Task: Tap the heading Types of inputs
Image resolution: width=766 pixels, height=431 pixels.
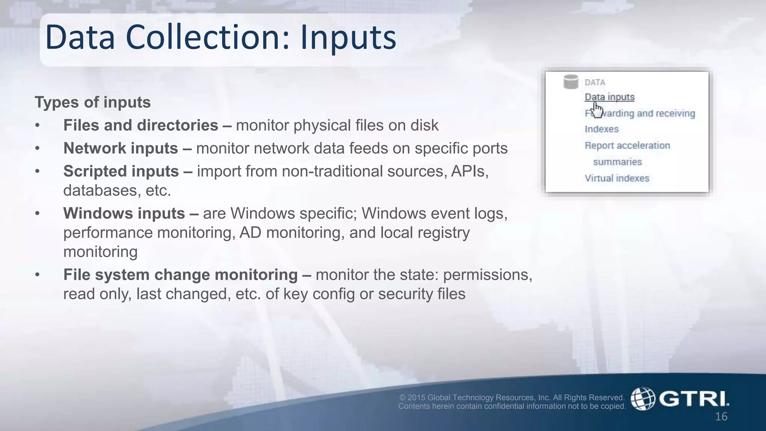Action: (92, 102)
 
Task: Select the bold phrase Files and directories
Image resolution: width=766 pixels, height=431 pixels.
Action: (141, 125)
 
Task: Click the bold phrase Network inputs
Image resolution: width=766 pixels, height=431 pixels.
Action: (120, 149)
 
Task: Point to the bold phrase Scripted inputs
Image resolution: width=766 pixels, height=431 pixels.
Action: (121, 171)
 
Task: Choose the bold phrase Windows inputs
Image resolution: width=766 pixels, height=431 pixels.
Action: (124, 214)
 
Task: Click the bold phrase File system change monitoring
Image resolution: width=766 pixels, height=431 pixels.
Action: (180, 275)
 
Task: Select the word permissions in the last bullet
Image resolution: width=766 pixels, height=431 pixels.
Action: (487, 275)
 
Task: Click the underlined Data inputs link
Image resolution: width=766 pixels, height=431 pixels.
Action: (609, 97)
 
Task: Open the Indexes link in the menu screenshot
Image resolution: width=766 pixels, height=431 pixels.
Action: (601, 129)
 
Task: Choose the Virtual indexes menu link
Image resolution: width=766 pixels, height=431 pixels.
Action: (617, 178)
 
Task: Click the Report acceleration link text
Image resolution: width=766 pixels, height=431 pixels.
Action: (627, 146)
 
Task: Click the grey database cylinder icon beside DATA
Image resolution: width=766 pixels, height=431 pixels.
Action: (571, 82)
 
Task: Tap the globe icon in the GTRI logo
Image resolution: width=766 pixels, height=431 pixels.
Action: (643, 399)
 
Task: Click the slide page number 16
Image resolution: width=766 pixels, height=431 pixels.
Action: (721, 417)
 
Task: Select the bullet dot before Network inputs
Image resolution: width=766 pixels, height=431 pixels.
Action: (37, 149)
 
